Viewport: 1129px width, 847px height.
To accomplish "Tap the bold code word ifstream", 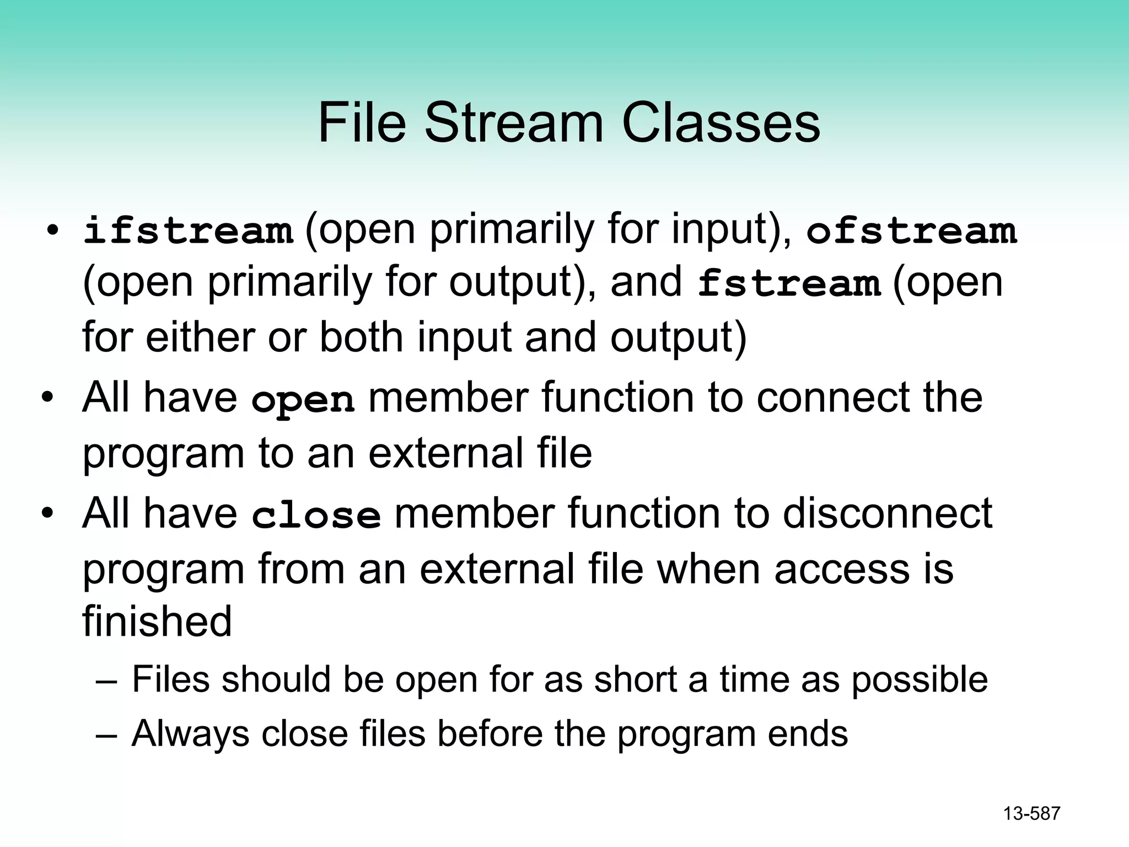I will point(188,230).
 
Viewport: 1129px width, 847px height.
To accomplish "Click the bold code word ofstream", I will point(911,230).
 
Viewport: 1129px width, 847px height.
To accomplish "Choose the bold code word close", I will point(316,515).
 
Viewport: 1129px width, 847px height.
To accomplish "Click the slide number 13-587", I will point(1031,814).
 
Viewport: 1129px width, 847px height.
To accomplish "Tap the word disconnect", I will point(887,513).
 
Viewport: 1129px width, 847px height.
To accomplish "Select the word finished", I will point(157,621).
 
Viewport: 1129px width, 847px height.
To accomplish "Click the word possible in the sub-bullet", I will point(919,679).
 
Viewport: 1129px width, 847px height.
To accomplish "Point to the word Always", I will point(190,734).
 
